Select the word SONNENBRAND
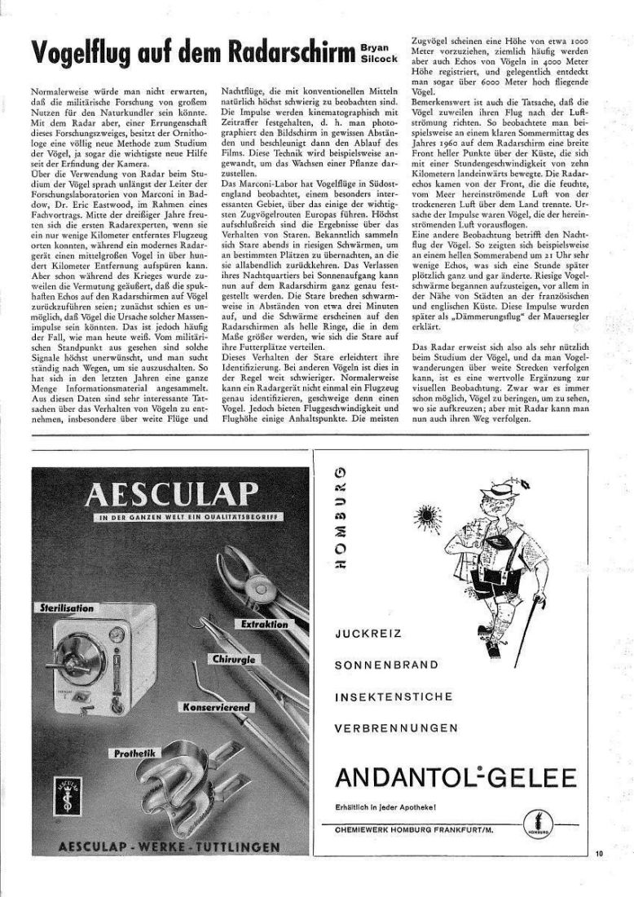[x=386, y=664]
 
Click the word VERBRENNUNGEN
[x=396, y=727]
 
